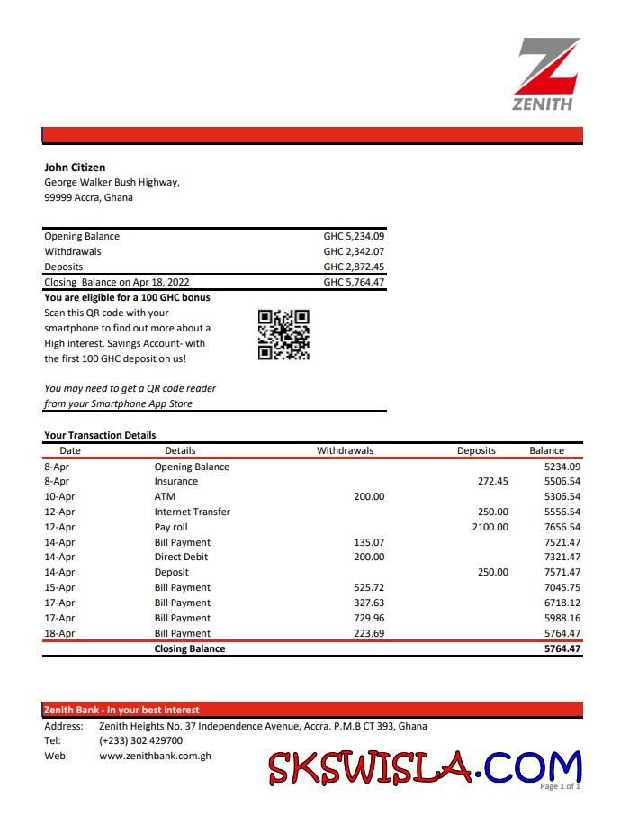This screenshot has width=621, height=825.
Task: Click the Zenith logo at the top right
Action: click(x=546, y=74)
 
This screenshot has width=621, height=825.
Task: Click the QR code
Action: click(x=283, y=335)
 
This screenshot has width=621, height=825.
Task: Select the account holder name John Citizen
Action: click(x=75, y=168)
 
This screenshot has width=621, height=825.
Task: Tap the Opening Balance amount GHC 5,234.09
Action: click(x=354, y=237)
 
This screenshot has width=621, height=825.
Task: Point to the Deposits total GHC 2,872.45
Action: click(x=354, y=267)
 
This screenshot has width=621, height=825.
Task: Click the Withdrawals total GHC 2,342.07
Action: click(x=354, y=252)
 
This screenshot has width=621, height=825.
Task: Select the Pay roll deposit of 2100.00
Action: click(x=490, y=527)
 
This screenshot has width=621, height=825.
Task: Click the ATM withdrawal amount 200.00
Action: click(x=368, y=496)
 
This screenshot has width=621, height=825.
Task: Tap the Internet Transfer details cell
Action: click(x=192, y=512)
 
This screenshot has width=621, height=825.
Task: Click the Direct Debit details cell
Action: click(x=181, y=558)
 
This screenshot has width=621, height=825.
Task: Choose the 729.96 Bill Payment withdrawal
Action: click(x=368, y=618)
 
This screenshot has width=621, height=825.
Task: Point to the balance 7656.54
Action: click(x=562, y=527)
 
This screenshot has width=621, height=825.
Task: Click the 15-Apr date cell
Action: click(x=58, y=587)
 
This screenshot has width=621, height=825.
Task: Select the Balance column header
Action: click(x=546, y=450)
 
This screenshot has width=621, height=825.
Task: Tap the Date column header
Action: click(x=70, y=450)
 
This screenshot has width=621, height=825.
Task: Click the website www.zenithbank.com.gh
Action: click(x=155, y=757)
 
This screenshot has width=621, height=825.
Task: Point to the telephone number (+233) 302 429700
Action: click(x=140, y=741)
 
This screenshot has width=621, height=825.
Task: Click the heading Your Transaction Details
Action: click(x=100, y=436)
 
